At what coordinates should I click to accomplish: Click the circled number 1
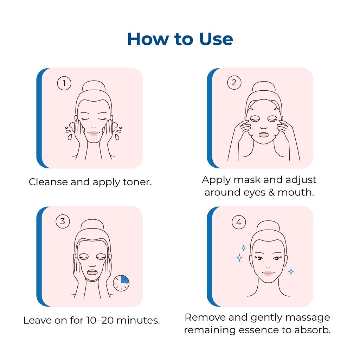coord(64,83)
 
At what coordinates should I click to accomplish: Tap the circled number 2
coord(234,82)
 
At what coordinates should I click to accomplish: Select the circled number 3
coord(63,221)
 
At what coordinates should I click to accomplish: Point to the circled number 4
coord(239,222)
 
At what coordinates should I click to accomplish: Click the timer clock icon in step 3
coord(121,283)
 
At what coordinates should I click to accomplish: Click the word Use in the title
coord(216,39)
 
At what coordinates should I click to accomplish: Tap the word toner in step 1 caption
coord(137,182)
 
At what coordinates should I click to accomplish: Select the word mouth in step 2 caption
coord(295,192)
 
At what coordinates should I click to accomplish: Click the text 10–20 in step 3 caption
coord(100,320)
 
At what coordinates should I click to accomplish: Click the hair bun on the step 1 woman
coord(94,86)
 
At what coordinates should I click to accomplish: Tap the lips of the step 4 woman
coord(268,274)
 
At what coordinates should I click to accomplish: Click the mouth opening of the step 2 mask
coord(264,135)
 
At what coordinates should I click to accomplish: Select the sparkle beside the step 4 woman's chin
coord(291,272)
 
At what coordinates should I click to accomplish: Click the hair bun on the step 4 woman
coord(268,226)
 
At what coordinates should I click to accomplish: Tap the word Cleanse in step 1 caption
coord(48,182)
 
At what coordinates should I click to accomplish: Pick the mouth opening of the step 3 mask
coord(92,272)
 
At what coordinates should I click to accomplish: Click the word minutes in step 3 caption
coord(138,320)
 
